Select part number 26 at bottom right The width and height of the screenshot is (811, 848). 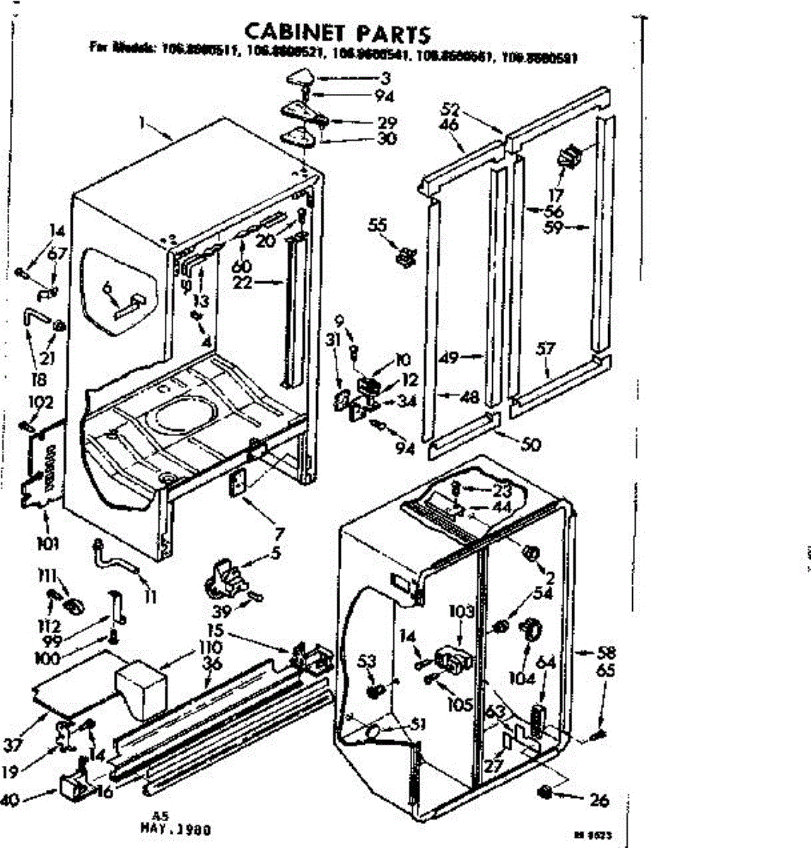(598, 800)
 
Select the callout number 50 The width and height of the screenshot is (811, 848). (530, 444)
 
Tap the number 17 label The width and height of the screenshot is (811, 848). (556, 194)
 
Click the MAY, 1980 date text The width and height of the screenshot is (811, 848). (177, 830)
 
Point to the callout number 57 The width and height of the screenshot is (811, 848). (546, 348)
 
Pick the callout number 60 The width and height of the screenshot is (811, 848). (243, 266)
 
